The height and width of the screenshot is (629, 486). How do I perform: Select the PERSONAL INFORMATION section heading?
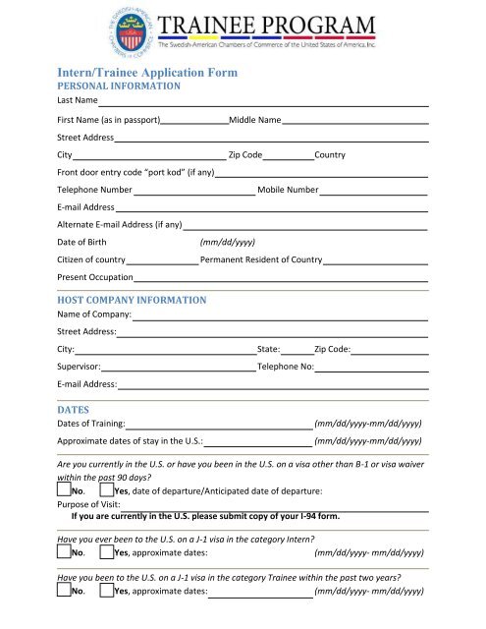click(x=119, y=86)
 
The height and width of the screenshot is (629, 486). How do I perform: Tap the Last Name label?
click(x=77, y=101)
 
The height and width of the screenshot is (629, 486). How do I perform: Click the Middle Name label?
click(x=254, y=120)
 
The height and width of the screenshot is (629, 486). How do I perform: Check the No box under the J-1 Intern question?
click(x=64, y=551)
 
